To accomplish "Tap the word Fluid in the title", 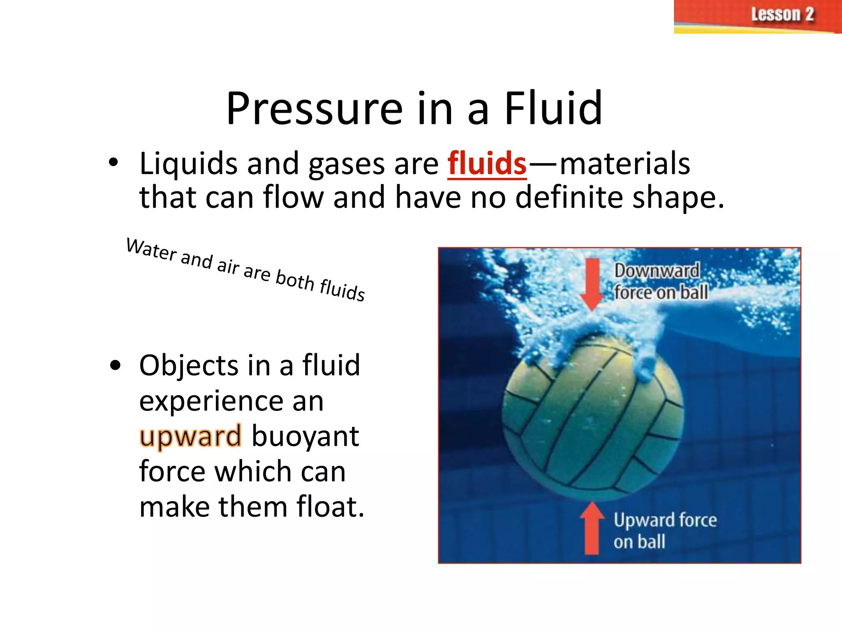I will click(553, 109).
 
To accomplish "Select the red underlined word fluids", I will click(487, 164).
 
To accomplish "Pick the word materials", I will click(625, 164).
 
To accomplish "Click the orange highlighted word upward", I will click(190, 436).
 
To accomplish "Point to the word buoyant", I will click(305, 437).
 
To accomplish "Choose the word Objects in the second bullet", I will click(188, 365).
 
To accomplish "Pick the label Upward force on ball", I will click(664, 530).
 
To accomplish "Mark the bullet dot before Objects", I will click(116, 365).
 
